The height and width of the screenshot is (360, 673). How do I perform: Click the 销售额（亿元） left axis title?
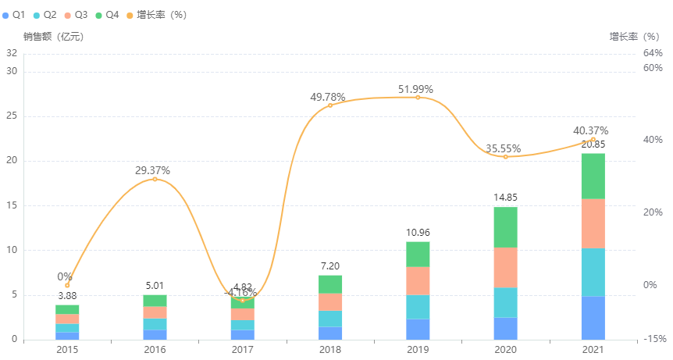53,36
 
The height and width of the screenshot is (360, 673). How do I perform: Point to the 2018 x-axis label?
330,349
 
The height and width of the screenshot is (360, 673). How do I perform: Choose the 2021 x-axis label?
593,349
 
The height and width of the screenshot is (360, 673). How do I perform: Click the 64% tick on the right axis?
653,53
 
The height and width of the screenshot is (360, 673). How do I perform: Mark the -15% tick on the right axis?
654,339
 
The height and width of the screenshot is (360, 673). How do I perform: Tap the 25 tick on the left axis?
12,116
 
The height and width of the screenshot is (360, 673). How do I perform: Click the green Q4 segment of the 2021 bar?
593,176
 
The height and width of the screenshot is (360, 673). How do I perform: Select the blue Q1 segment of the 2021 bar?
593,318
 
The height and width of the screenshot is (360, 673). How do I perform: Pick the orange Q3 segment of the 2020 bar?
505,267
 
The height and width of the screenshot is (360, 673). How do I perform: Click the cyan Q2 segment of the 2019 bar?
418,307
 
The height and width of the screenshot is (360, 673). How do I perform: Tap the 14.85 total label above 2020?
505,198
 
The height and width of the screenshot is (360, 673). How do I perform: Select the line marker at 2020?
505,157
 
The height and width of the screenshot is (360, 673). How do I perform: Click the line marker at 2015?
67,285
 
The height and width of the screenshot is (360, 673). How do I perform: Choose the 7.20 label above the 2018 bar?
330,266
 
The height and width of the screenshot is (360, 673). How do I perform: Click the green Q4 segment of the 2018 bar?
330,284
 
